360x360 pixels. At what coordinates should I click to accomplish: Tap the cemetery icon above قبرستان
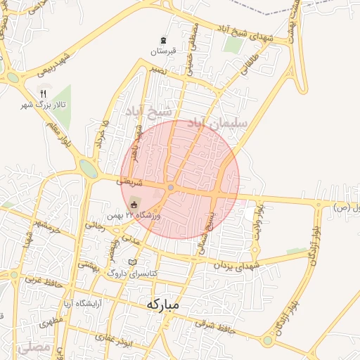163,40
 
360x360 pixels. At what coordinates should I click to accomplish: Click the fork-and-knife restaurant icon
43,94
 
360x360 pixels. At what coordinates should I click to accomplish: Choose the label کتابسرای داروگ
134,273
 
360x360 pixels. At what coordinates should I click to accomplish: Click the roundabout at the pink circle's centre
172,187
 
